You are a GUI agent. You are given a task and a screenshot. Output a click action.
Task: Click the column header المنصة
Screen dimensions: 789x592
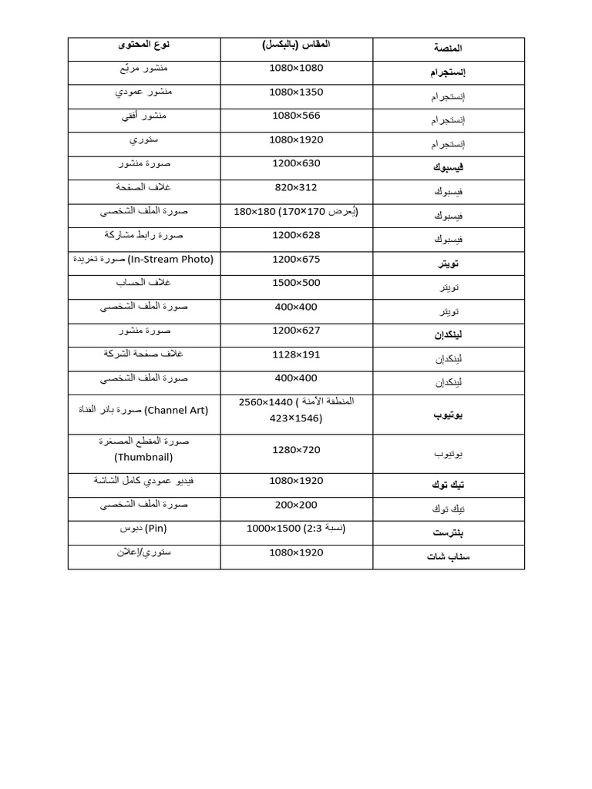(448, 49)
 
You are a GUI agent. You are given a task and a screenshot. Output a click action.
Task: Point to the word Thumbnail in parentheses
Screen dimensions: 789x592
(143, 457)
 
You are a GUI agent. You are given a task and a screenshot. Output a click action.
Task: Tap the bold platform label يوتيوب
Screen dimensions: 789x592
(448, 416)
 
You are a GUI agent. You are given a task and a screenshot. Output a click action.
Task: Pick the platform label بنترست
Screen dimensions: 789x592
(449, 532)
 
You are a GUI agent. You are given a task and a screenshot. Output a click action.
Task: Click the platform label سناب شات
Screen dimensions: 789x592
(448, 556)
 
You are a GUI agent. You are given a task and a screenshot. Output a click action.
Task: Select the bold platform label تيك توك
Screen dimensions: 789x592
(448, 485)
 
